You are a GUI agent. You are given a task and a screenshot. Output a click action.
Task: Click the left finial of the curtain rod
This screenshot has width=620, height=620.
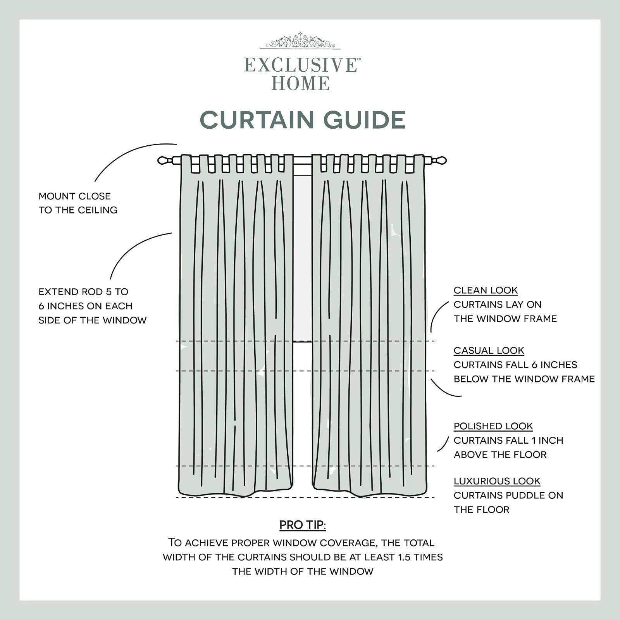(164, 160)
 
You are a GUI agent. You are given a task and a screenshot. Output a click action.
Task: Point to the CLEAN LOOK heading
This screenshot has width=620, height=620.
(486, 290)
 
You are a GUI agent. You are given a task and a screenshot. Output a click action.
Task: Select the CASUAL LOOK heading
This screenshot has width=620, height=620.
(489, 350)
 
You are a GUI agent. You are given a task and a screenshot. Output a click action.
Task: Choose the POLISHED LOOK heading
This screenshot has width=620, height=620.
(493, 426)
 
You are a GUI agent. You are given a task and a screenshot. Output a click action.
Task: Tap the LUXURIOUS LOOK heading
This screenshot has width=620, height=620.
(497, 481)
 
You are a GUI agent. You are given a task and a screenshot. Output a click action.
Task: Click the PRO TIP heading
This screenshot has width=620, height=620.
(303, 525)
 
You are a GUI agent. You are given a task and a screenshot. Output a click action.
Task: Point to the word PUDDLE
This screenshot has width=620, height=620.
(522, 495)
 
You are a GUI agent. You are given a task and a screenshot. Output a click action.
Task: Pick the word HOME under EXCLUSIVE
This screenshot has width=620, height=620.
(301, 84)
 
